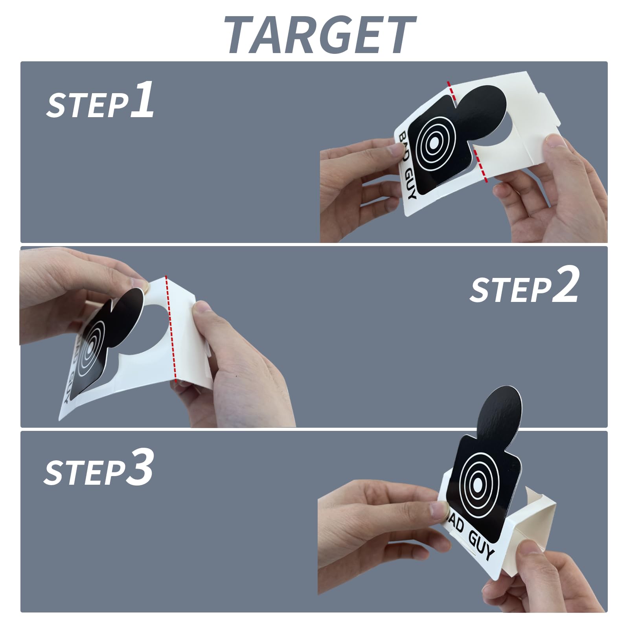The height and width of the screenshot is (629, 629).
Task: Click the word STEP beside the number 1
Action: pos(87,105)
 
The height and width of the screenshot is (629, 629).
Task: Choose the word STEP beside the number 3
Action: pos(84,473)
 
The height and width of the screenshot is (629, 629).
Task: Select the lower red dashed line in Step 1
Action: pos(480,166)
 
